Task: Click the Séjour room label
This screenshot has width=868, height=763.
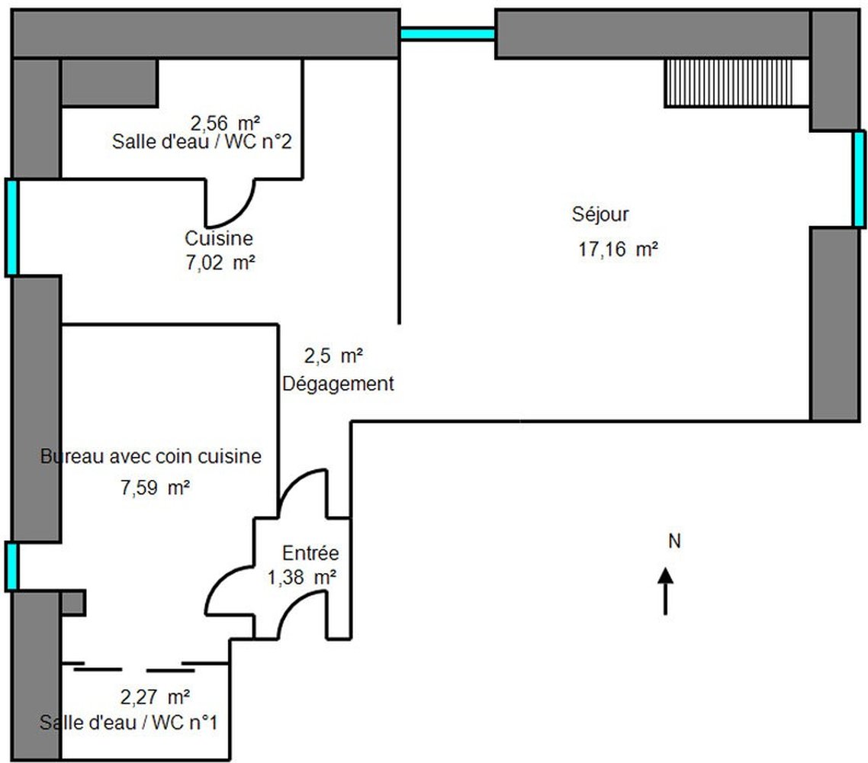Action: (600, 214)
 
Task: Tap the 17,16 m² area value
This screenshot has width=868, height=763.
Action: (619, 250)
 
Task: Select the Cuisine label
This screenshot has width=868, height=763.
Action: (219, 238)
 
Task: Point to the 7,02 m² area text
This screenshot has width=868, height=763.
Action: (220, 262)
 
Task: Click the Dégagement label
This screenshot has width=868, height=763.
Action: (338, 383)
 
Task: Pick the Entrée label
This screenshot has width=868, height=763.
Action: (310, 552)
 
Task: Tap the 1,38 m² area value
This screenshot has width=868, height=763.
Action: (302, 578)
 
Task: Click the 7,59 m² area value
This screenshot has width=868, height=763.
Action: (155, 488)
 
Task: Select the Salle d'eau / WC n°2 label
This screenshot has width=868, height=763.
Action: (201, 142)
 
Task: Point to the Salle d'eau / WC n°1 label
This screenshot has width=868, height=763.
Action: (128, 723)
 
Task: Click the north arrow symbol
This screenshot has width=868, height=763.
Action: (665, 591)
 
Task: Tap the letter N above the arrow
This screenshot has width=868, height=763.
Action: (674, 541)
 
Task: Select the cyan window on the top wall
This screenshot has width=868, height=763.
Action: (447, 34)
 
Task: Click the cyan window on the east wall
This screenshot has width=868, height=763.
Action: (859, 179)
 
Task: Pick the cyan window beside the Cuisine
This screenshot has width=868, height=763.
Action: (11, 227)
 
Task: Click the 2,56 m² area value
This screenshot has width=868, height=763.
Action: (225, 123)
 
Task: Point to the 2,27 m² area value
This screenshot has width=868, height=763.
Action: (155, 697)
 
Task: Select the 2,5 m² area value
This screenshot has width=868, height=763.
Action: (333, 356)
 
